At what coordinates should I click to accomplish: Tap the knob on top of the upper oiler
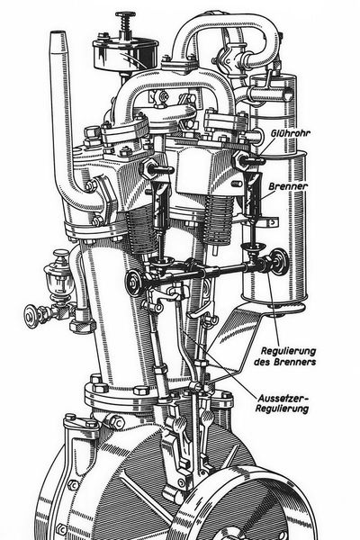click(124, 17)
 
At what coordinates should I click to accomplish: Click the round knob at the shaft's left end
click(133, 283)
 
